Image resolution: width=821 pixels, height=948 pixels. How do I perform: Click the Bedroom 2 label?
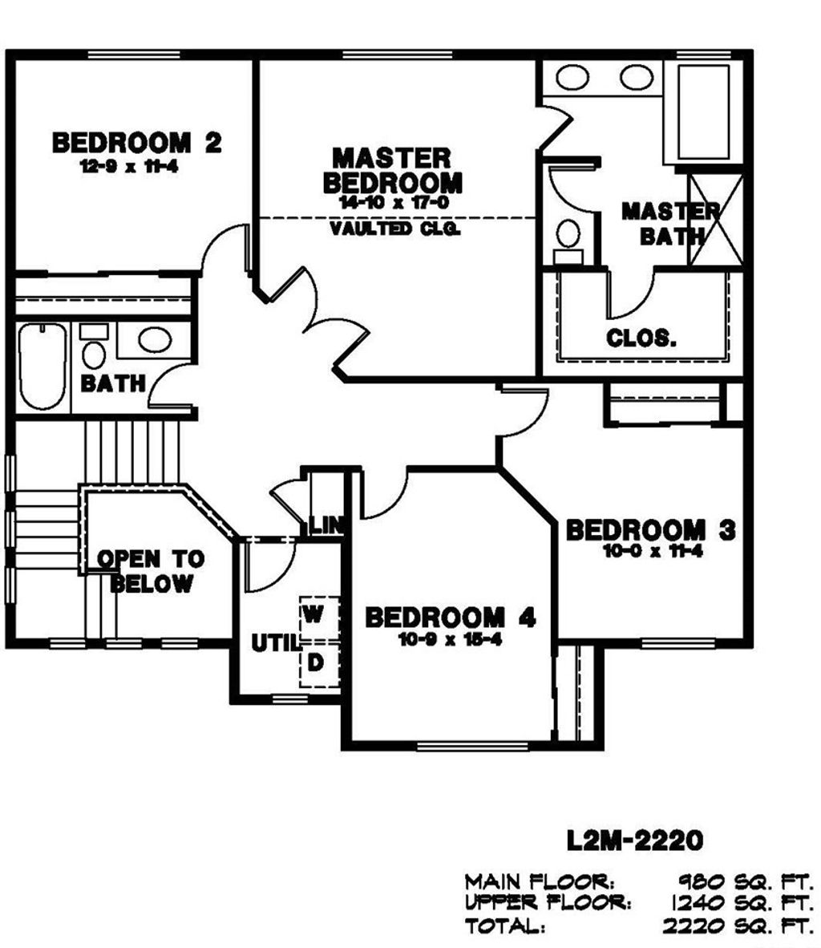click(x=136, y=143)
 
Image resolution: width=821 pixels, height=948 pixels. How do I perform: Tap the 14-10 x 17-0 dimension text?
click(x=394, y=203)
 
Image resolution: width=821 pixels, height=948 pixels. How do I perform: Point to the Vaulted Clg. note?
click(x=394, y=229)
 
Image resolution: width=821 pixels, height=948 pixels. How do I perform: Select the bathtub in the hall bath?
click(x=42, y=367)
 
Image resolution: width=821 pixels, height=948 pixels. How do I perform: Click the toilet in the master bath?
click(x=568, y=241)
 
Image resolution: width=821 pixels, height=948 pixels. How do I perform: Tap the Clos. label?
click(x=641, y=338)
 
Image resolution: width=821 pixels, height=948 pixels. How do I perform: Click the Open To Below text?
click(x=151, y=571)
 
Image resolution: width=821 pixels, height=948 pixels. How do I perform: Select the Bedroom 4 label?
click(x=451, y=618)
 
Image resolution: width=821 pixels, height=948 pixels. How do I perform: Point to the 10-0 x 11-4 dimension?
click(x=653, y=551)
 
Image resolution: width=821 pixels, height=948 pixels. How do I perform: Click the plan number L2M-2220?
click(x=635, y=840)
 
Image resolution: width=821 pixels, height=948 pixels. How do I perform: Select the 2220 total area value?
click(x=694, y=926)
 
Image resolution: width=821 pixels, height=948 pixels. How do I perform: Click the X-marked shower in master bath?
click(x=716, y=219)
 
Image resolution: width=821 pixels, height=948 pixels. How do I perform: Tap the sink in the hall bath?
click(x=155, y=340)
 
